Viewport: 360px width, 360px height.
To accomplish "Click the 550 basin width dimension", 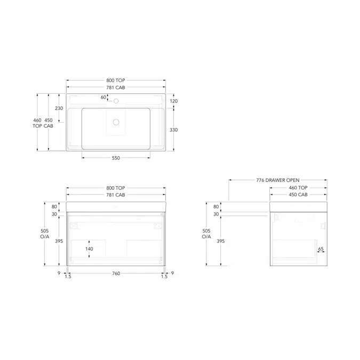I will coord(116,158).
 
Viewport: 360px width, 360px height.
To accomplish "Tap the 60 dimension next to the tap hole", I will coord(103,97).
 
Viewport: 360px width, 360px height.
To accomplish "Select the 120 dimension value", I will coord(174,101).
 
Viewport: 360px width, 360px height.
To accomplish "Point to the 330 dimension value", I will coord(174,130).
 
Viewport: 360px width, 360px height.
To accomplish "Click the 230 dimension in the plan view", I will coord(59,108).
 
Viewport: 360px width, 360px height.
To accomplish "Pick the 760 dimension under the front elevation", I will coord(116,274).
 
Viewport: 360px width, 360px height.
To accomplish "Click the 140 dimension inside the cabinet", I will coord(90,249).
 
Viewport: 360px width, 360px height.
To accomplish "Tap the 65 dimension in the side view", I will coord(321,249).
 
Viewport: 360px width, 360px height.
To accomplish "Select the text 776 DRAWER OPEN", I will coord(278,180).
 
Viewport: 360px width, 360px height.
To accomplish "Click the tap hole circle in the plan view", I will coord(116,101).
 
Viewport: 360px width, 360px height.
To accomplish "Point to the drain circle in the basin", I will coord(116,122).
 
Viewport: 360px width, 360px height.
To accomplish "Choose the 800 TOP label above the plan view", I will coord(116,80).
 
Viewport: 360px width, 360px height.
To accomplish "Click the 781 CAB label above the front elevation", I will coord(116,195).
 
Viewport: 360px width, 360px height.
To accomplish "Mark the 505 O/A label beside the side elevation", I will coord(206,234).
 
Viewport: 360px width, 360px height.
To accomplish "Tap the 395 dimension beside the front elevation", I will coord(59,241).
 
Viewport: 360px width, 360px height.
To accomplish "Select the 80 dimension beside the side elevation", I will coord(216,206).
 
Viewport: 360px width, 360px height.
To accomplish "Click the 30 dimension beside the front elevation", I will coord(54,214).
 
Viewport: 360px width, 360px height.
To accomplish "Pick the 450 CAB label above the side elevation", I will coord(298,195).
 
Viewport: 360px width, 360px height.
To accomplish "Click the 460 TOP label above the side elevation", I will coord(298,188).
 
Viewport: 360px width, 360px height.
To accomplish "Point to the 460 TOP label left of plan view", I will coord(37,124).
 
